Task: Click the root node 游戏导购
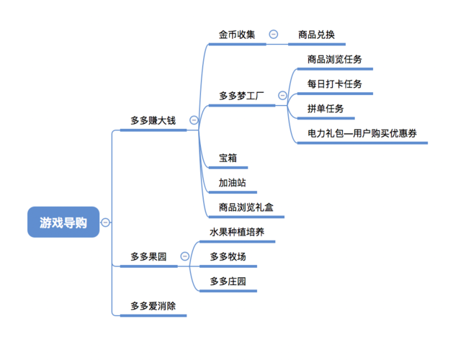pyautogui.click(x=63, y=222)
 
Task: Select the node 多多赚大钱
pyautogui.click(x=153, y=121)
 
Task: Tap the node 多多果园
pyautogui.click(x=148, y=256)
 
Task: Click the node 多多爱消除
pyautogui.click(x=153, y=306)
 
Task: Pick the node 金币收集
pyautogui.click(x=237, y=35)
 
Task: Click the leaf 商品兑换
pyautogui.click(x=316, y=35)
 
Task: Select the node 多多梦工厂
pyautogui.click(x=242, y=96)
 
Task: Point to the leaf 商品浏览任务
pyautogui.click(x=334, y=60)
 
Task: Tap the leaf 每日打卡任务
pyautogui.click(x=334, y=84)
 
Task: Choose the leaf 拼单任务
pyautogui.click(x=326, y=109)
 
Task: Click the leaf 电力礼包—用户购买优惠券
pyautogui.click(x=362, y=133)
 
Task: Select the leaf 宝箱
pyautogui.click(x=228, y=158)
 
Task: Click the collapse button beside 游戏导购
pyautogui.click(x=106, y=222)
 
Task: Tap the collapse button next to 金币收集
pyautogui.click(x=274, y=35)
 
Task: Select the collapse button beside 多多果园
pyautogui.click(x=185, y=256)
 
